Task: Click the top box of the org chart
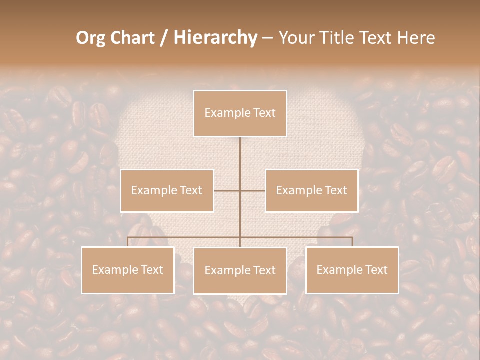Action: [240, 113]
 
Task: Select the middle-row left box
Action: [167, 190]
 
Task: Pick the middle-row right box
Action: [311, 190]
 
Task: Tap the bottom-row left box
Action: [127, 270]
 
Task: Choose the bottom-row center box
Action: [240, 270]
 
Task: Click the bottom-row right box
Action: [352, 270]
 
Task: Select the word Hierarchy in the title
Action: [215, 38]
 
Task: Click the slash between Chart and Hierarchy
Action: [164, 38]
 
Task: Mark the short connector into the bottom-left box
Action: [128, 242]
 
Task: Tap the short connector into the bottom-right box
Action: [352, 242]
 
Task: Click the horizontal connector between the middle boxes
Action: [240, 190]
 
